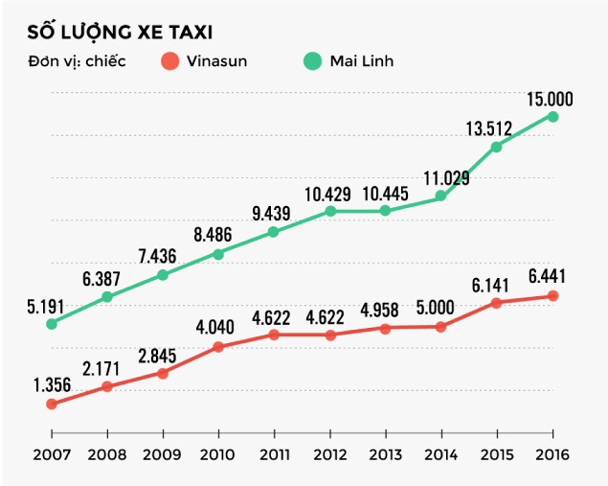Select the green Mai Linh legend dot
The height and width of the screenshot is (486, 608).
312,61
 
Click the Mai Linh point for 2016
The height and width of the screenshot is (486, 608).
552,116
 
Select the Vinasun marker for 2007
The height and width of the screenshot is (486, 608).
52,405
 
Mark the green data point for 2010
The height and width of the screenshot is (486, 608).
218,254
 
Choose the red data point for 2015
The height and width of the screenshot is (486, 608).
497,303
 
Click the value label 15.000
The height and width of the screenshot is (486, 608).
550,98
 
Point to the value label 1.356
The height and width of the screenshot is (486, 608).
52,385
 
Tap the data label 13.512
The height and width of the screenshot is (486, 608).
493,128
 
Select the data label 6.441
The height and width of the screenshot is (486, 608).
550,277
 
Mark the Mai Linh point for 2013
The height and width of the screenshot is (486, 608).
385,211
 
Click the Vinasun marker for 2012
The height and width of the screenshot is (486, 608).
330,336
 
